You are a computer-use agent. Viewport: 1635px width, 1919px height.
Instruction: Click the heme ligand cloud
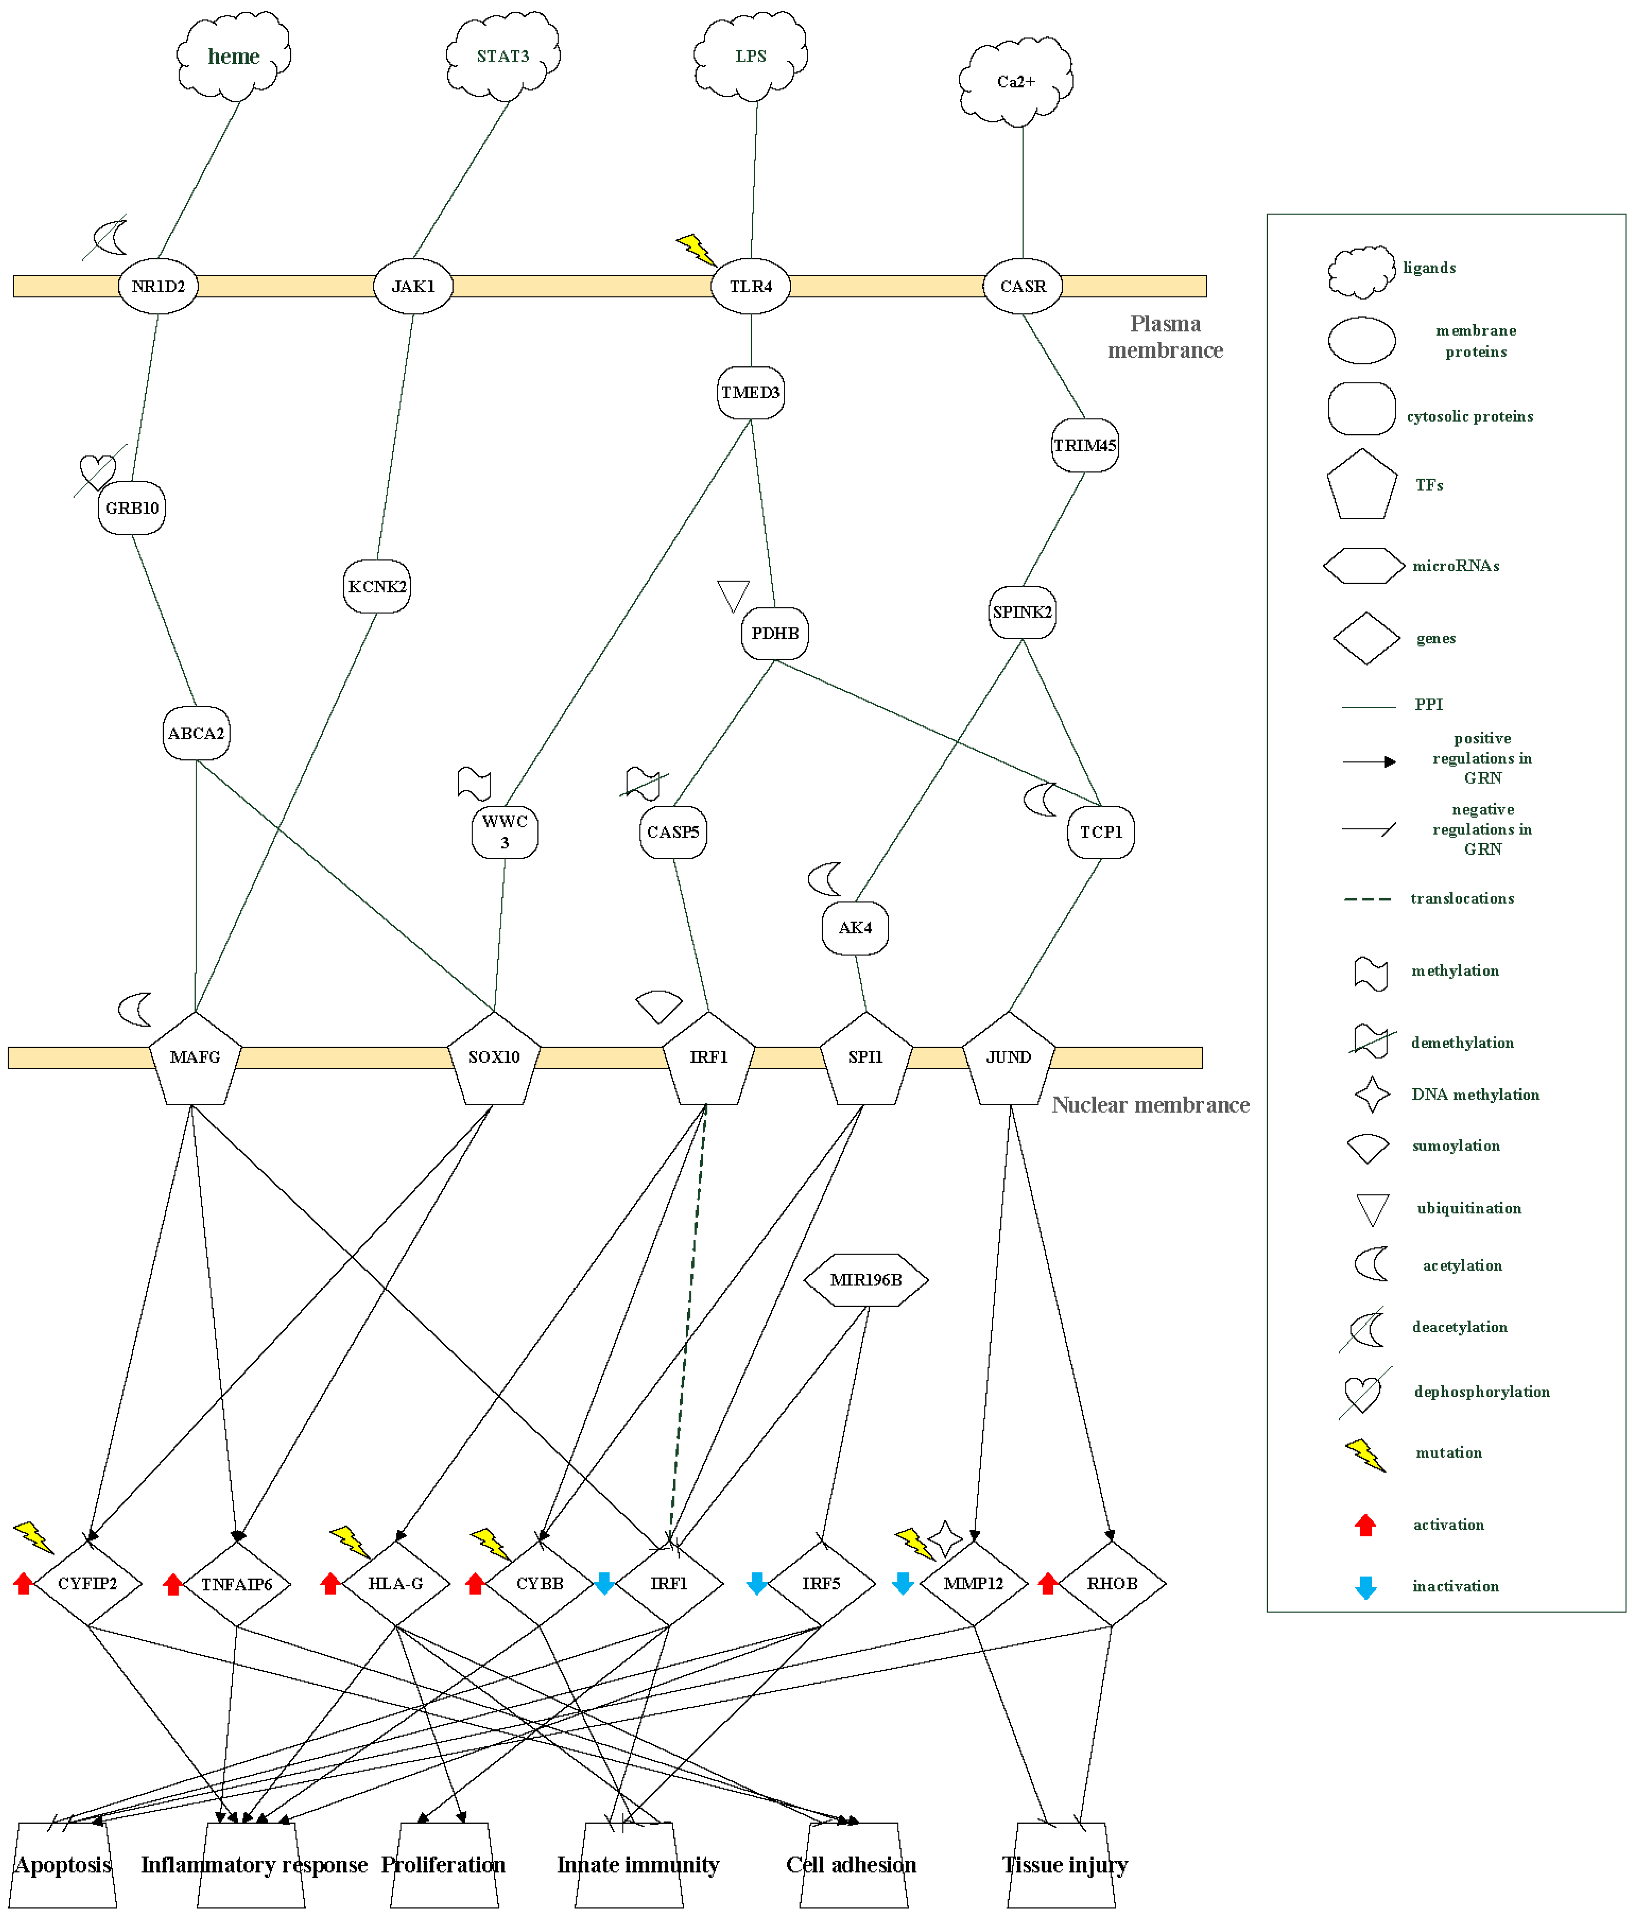click(234, 56)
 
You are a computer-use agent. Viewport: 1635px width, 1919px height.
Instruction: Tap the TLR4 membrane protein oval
click(750, 286)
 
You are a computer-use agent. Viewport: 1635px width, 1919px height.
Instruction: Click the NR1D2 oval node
click(157, 286)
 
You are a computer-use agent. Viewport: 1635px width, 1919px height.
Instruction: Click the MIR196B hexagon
click(865, 1280)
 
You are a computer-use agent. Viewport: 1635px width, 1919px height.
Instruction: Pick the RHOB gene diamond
click(1112, 1584)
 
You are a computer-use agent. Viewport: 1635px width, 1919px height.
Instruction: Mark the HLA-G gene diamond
click(395, 1584)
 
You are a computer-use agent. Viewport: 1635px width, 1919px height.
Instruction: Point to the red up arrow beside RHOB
click(1048, 1584)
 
